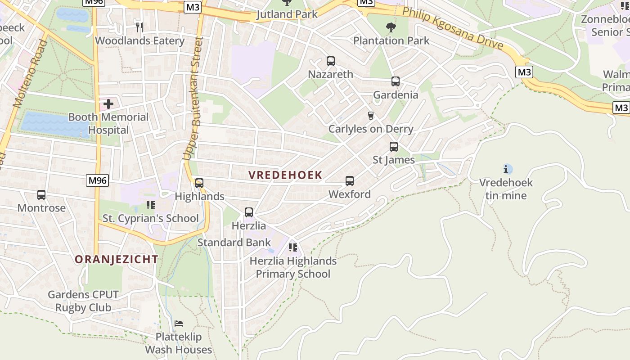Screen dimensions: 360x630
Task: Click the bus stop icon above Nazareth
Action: coord(331,61)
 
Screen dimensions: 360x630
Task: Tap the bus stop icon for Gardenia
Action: coord(396,81)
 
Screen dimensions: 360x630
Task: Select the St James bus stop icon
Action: coord(394,147)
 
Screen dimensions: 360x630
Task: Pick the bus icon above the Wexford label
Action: coord(350,181)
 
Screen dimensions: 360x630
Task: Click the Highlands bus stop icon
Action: coord(199,183)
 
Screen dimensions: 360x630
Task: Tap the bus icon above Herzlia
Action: coord(249,212)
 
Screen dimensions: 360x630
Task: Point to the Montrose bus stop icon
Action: coord(41,195)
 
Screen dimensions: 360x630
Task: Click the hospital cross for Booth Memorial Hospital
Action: coord(108,104)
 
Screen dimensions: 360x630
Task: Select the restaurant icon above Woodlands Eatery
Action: coord(139,27)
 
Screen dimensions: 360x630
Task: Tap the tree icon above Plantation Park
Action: coord(391,27)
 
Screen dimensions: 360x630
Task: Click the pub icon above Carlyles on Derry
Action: coord(371,116)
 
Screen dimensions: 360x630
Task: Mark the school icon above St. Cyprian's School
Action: coord(151,206)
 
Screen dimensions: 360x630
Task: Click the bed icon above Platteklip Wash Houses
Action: coord(179,324)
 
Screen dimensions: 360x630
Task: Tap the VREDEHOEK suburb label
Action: coord(286,175)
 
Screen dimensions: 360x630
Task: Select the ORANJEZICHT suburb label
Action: coord(117,259)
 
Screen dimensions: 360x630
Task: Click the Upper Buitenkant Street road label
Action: coord(193,98)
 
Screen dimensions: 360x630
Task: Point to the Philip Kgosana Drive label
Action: coord(452,28)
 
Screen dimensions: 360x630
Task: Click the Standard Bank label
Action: coord(234,243)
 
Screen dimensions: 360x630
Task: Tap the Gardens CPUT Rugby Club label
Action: coord(83,301)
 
